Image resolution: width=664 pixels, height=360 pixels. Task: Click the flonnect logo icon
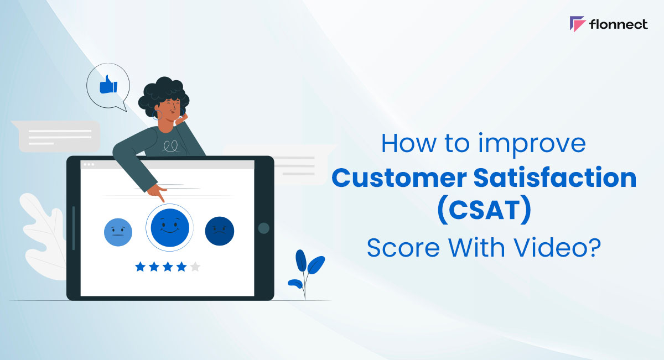[578, 24]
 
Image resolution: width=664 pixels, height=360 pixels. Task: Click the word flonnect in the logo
[619, 24]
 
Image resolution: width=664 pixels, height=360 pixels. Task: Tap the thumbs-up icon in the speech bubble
[108, 85]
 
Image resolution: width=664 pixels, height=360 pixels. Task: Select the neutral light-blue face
[118, 232]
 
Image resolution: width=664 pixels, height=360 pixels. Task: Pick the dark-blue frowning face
[220, 231]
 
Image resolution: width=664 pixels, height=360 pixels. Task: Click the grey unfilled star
[195, 267]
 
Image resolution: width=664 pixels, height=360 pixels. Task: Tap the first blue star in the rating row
[140, 267]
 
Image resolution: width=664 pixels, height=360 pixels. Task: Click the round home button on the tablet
[264, 228]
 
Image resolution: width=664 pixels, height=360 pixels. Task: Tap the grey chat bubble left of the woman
[55, 136]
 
